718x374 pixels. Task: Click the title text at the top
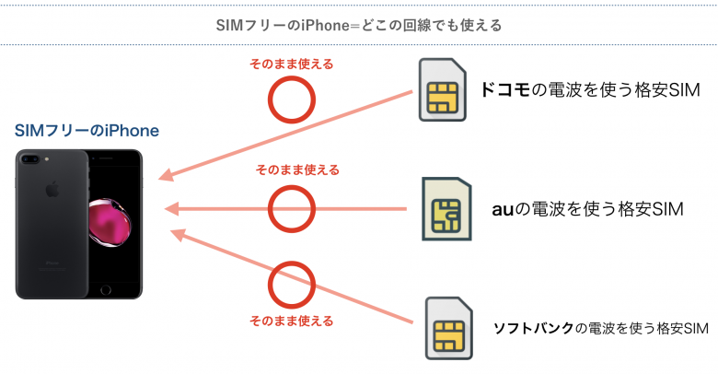click(358, 23)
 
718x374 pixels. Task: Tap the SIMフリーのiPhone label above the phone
click(87, 131)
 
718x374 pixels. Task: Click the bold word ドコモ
click(505, 90)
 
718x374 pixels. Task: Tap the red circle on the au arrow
click(291, 209)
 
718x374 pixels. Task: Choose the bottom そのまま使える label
click(291, 321)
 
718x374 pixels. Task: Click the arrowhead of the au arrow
click(169, 209)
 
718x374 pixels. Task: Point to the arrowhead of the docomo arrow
click(165, 178)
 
